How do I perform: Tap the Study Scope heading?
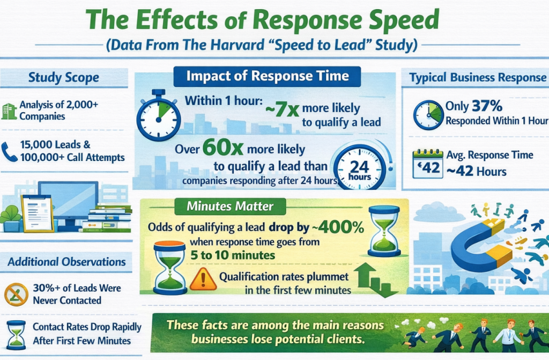64,77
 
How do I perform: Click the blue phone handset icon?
9,151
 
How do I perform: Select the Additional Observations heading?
66,262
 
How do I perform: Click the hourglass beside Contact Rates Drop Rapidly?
16,333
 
